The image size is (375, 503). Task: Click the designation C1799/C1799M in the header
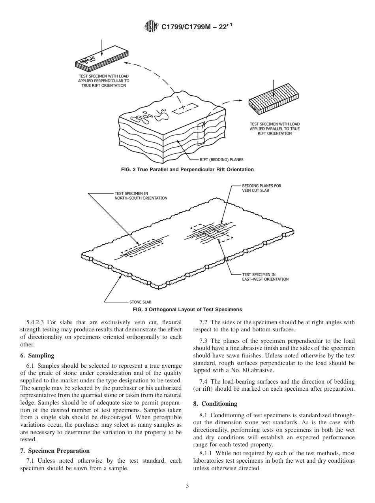point(186,27)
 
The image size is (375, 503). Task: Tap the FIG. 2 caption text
point(187,169)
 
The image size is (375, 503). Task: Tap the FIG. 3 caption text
point(187,309)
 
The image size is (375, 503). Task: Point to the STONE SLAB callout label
point(141,302)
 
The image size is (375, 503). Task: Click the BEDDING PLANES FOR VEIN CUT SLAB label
point(262,187)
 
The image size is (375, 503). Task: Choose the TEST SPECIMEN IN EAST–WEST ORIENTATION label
point(265,277)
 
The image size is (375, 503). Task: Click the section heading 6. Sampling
point(37,356)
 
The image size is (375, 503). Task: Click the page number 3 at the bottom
point(187,486)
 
